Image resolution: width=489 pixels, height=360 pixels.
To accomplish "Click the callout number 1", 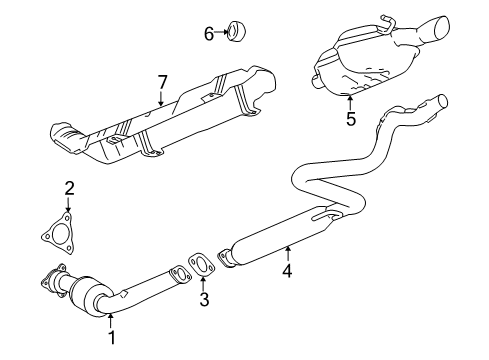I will [x=112, y=338].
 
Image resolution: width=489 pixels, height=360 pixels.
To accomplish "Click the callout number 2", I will [x=69, y=187].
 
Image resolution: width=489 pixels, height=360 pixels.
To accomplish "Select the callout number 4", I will [x=288, y=269].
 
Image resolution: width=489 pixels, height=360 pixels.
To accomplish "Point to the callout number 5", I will [x=351, y=118].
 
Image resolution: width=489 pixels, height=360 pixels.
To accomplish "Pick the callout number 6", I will [x=209, y=33].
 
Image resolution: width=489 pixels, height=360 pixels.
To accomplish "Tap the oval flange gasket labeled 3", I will [x=202, y=265].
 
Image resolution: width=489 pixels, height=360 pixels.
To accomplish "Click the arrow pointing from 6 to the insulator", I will [x=222, y=33].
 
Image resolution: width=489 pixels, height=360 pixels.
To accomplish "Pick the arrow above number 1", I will [x=111, y=319].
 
